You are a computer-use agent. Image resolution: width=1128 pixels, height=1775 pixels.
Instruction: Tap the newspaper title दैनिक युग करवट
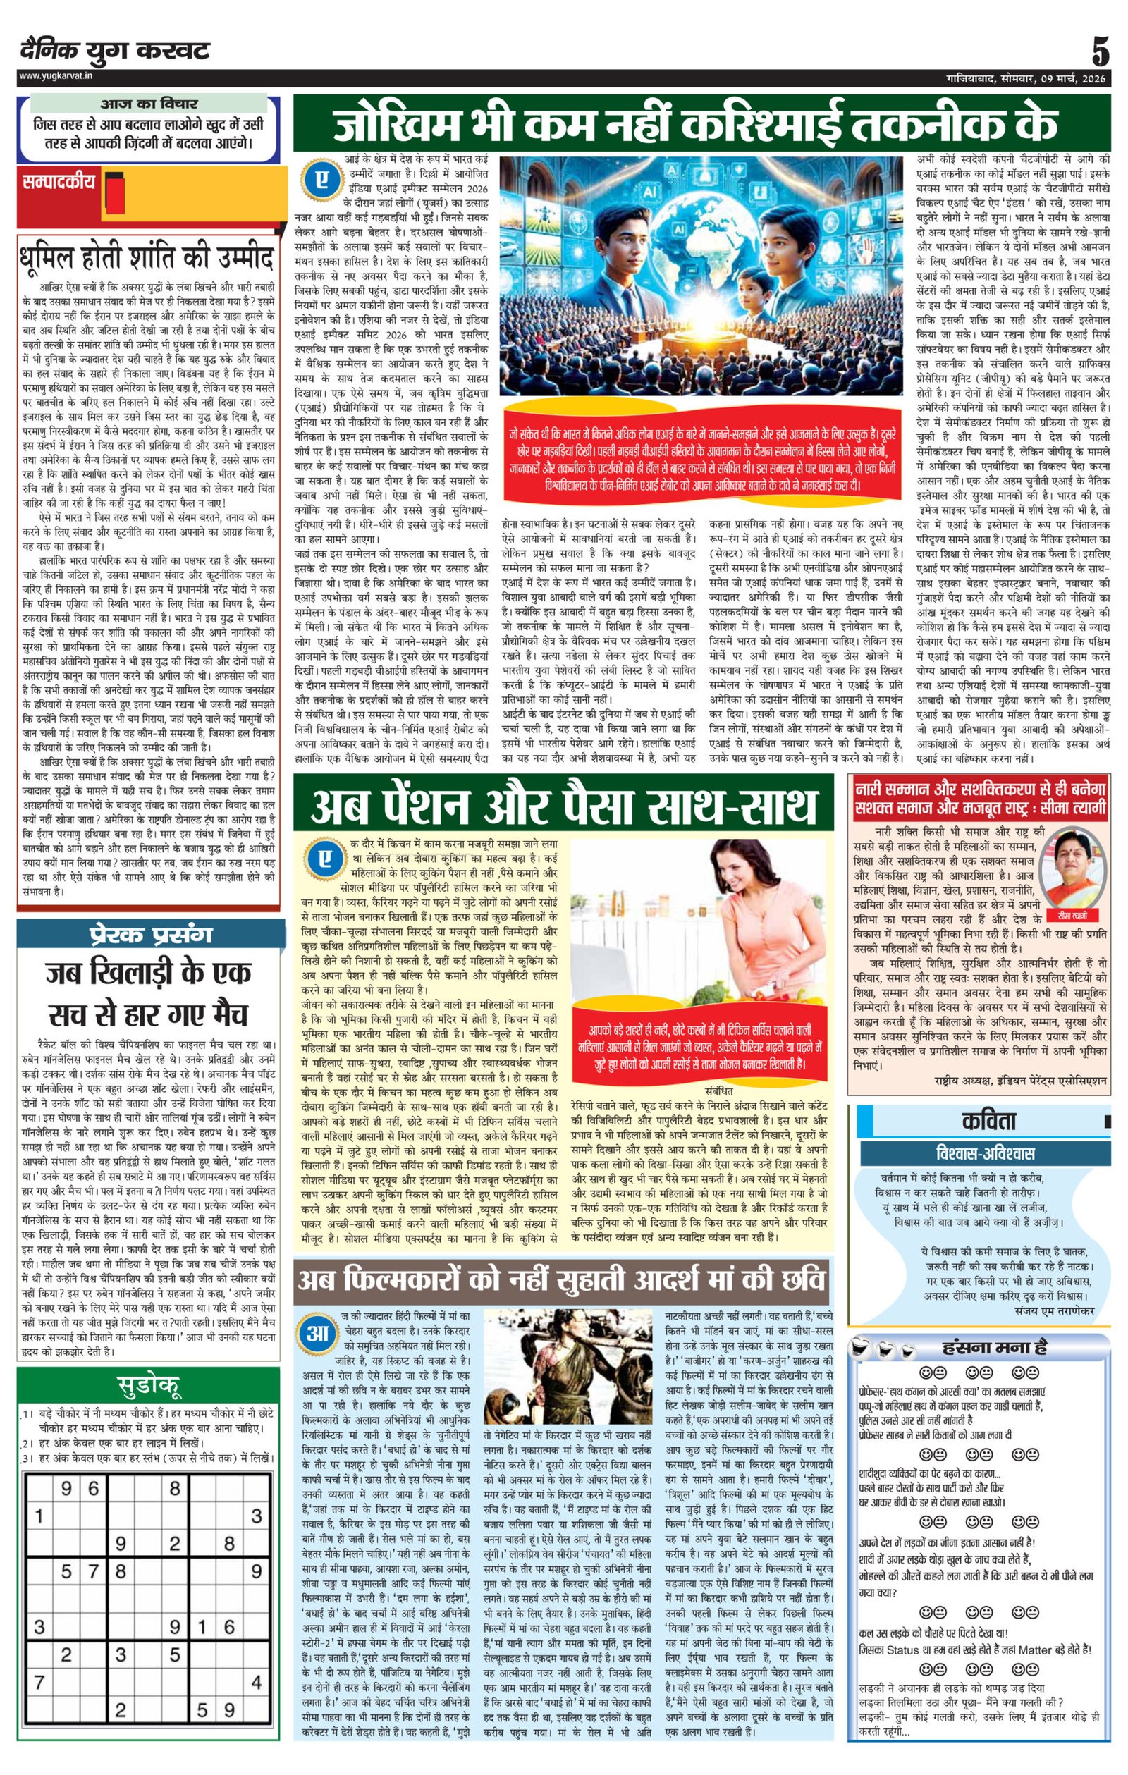(x=115, y=51)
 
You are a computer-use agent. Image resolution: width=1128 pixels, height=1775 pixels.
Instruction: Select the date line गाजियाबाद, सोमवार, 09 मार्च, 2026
(x=1026, y=78)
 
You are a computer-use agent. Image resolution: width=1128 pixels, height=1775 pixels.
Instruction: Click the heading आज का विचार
(x=149, y=104)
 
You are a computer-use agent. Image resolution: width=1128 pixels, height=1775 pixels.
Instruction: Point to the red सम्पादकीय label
(x=59, y=181)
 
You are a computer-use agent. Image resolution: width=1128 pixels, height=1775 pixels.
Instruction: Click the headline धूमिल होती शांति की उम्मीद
(x=147, y=257)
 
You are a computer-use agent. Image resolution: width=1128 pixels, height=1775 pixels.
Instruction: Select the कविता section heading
(x=988, y=1121)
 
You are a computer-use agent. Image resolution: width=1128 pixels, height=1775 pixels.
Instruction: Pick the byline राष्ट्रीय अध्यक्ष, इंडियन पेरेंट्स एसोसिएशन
(x=1019, y=1081)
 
